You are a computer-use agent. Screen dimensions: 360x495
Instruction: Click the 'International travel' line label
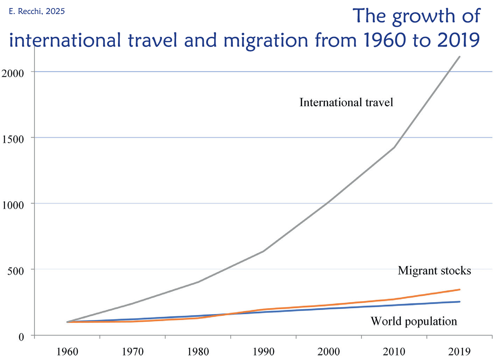[x=346, y=102]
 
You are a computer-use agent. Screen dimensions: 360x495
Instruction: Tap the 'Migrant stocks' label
[x=434, y=271]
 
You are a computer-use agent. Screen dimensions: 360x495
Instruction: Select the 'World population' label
[x=413, y=321]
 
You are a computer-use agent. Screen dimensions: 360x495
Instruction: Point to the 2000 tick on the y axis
[x=13, y=73]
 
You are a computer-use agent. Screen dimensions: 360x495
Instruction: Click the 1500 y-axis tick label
[x=13, y=139]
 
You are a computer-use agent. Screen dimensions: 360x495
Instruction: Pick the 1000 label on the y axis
[x=13, y=205]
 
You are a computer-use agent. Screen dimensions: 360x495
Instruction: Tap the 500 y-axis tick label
[x=16, y=271]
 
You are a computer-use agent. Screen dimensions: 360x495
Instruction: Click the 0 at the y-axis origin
[x=21, y=337]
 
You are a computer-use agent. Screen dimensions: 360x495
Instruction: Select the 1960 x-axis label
[x=67, y=351]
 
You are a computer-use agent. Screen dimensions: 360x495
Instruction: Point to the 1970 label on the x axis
[x=133, y=351]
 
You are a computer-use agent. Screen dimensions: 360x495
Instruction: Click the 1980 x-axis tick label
[x=198, y=351]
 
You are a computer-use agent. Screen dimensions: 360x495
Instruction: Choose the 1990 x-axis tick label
[x=264, y=351]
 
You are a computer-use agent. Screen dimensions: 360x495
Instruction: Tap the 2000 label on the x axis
[x=329, y=351]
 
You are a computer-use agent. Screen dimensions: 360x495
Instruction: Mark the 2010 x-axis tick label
[x=394, y=351]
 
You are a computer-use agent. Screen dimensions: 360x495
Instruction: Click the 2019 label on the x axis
[x=460, y=351]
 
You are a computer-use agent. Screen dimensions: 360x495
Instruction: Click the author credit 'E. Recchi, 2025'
[x=37, y=11]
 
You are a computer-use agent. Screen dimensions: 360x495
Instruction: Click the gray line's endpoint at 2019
[x=459, y=57]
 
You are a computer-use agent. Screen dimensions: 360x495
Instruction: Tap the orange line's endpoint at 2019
[x=459, y=290]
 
